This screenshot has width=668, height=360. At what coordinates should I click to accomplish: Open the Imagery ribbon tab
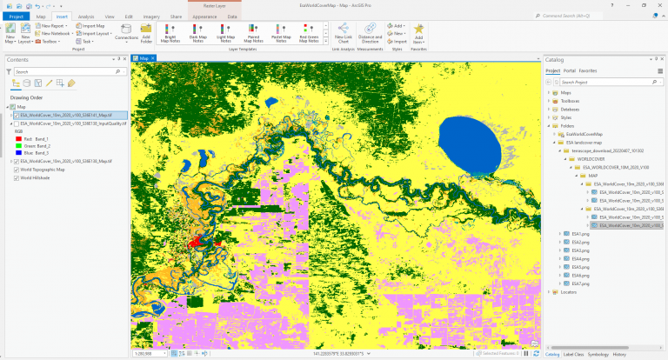point(151,17)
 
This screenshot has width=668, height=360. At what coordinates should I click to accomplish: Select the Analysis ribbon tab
point(86,17)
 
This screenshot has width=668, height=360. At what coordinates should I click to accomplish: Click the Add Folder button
point(146,37)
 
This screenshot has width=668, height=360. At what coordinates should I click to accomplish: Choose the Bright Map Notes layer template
point(170,37)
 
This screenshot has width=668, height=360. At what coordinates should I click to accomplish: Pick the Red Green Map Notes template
point(308,37)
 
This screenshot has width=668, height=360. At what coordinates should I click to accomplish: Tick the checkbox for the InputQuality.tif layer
point(15,123)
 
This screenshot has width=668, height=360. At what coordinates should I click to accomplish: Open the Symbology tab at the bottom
point(598,354)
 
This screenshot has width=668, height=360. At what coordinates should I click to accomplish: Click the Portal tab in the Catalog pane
point(570,70)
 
